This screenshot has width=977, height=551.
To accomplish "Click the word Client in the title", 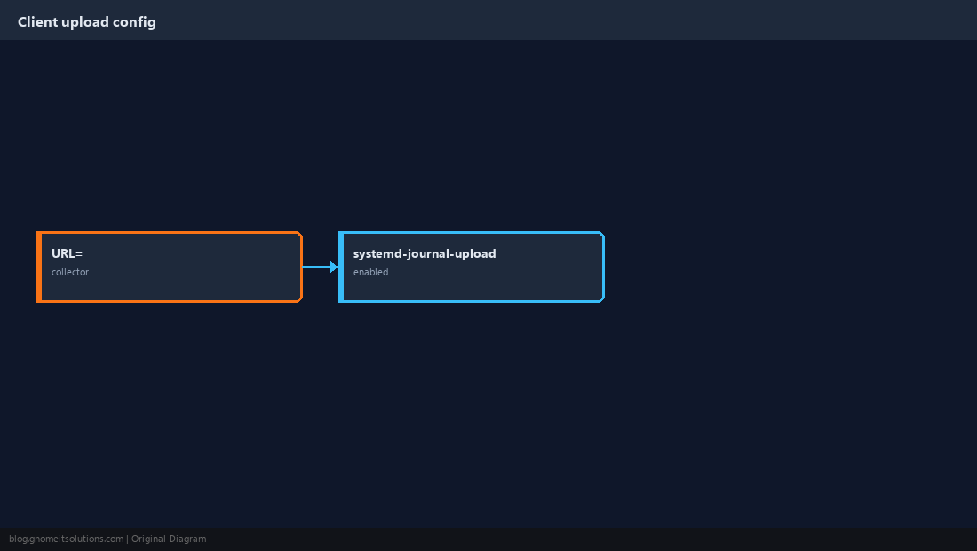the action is click(37, 22).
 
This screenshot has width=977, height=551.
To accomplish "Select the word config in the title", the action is click(135, 22).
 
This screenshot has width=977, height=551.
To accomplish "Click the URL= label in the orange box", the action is click(67, 253).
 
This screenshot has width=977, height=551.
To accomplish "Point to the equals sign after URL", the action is click(79, 254).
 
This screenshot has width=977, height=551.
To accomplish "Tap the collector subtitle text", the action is click(70, 272).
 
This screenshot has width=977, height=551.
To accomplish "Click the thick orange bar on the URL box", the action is click(38, 267).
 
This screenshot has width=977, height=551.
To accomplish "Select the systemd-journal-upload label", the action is click(425, 253).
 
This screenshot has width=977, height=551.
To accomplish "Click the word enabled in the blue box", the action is click(370, 272).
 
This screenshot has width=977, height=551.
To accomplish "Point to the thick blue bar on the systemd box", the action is click(341, 267).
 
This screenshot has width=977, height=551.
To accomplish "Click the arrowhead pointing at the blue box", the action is click(334, 267).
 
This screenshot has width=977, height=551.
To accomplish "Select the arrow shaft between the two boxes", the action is click(316, 267).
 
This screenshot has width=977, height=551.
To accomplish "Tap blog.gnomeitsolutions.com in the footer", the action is click(66, 539).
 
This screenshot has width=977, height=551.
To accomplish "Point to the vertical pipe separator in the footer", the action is click(127, 539).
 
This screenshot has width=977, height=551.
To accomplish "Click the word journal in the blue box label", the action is click(428, 253).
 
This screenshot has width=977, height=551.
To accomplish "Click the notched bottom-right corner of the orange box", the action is click(301, 301).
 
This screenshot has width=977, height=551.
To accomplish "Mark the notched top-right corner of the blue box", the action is click(603, 233).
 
